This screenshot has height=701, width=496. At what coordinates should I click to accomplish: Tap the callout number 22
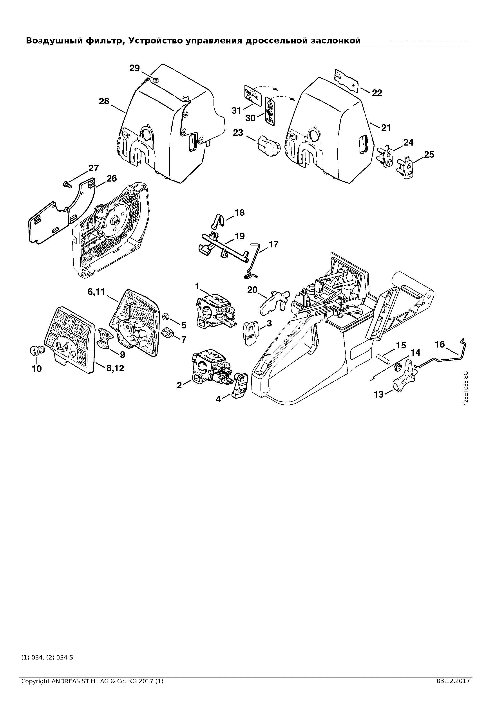(x=377, y=93)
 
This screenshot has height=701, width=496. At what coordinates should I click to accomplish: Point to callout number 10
(x=37, y=369)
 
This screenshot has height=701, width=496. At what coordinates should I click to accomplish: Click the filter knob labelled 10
(x=37, y=350)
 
